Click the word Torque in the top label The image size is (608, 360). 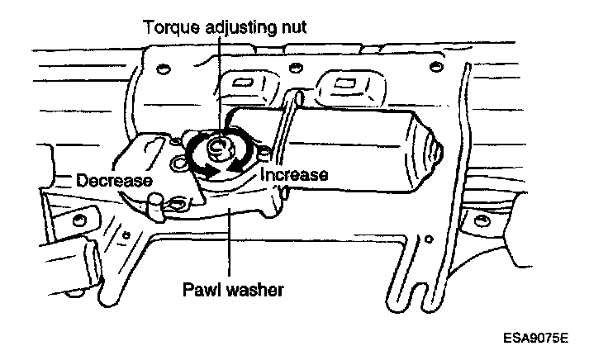169,26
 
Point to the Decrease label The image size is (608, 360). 113,180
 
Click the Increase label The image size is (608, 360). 294,175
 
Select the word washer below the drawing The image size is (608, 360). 256,291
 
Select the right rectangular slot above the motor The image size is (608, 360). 346,83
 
